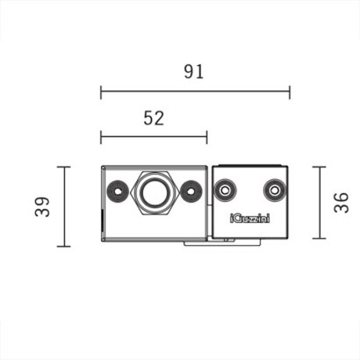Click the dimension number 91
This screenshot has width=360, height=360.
pos(193,72)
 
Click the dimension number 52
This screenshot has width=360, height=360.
pos(154,118)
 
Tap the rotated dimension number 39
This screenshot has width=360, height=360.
pos(42,207)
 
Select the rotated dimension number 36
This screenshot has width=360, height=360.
pos(341,203)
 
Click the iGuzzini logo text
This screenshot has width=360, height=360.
pos(250,218)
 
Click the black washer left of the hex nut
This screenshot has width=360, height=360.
pos(118,192)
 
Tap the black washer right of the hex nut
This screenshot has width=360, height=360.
pos(191,192)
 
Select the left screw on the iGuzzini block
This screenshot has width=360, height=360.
pos(225,190)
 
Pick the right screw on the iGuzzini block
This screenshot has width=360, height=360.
pos(275,190)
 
